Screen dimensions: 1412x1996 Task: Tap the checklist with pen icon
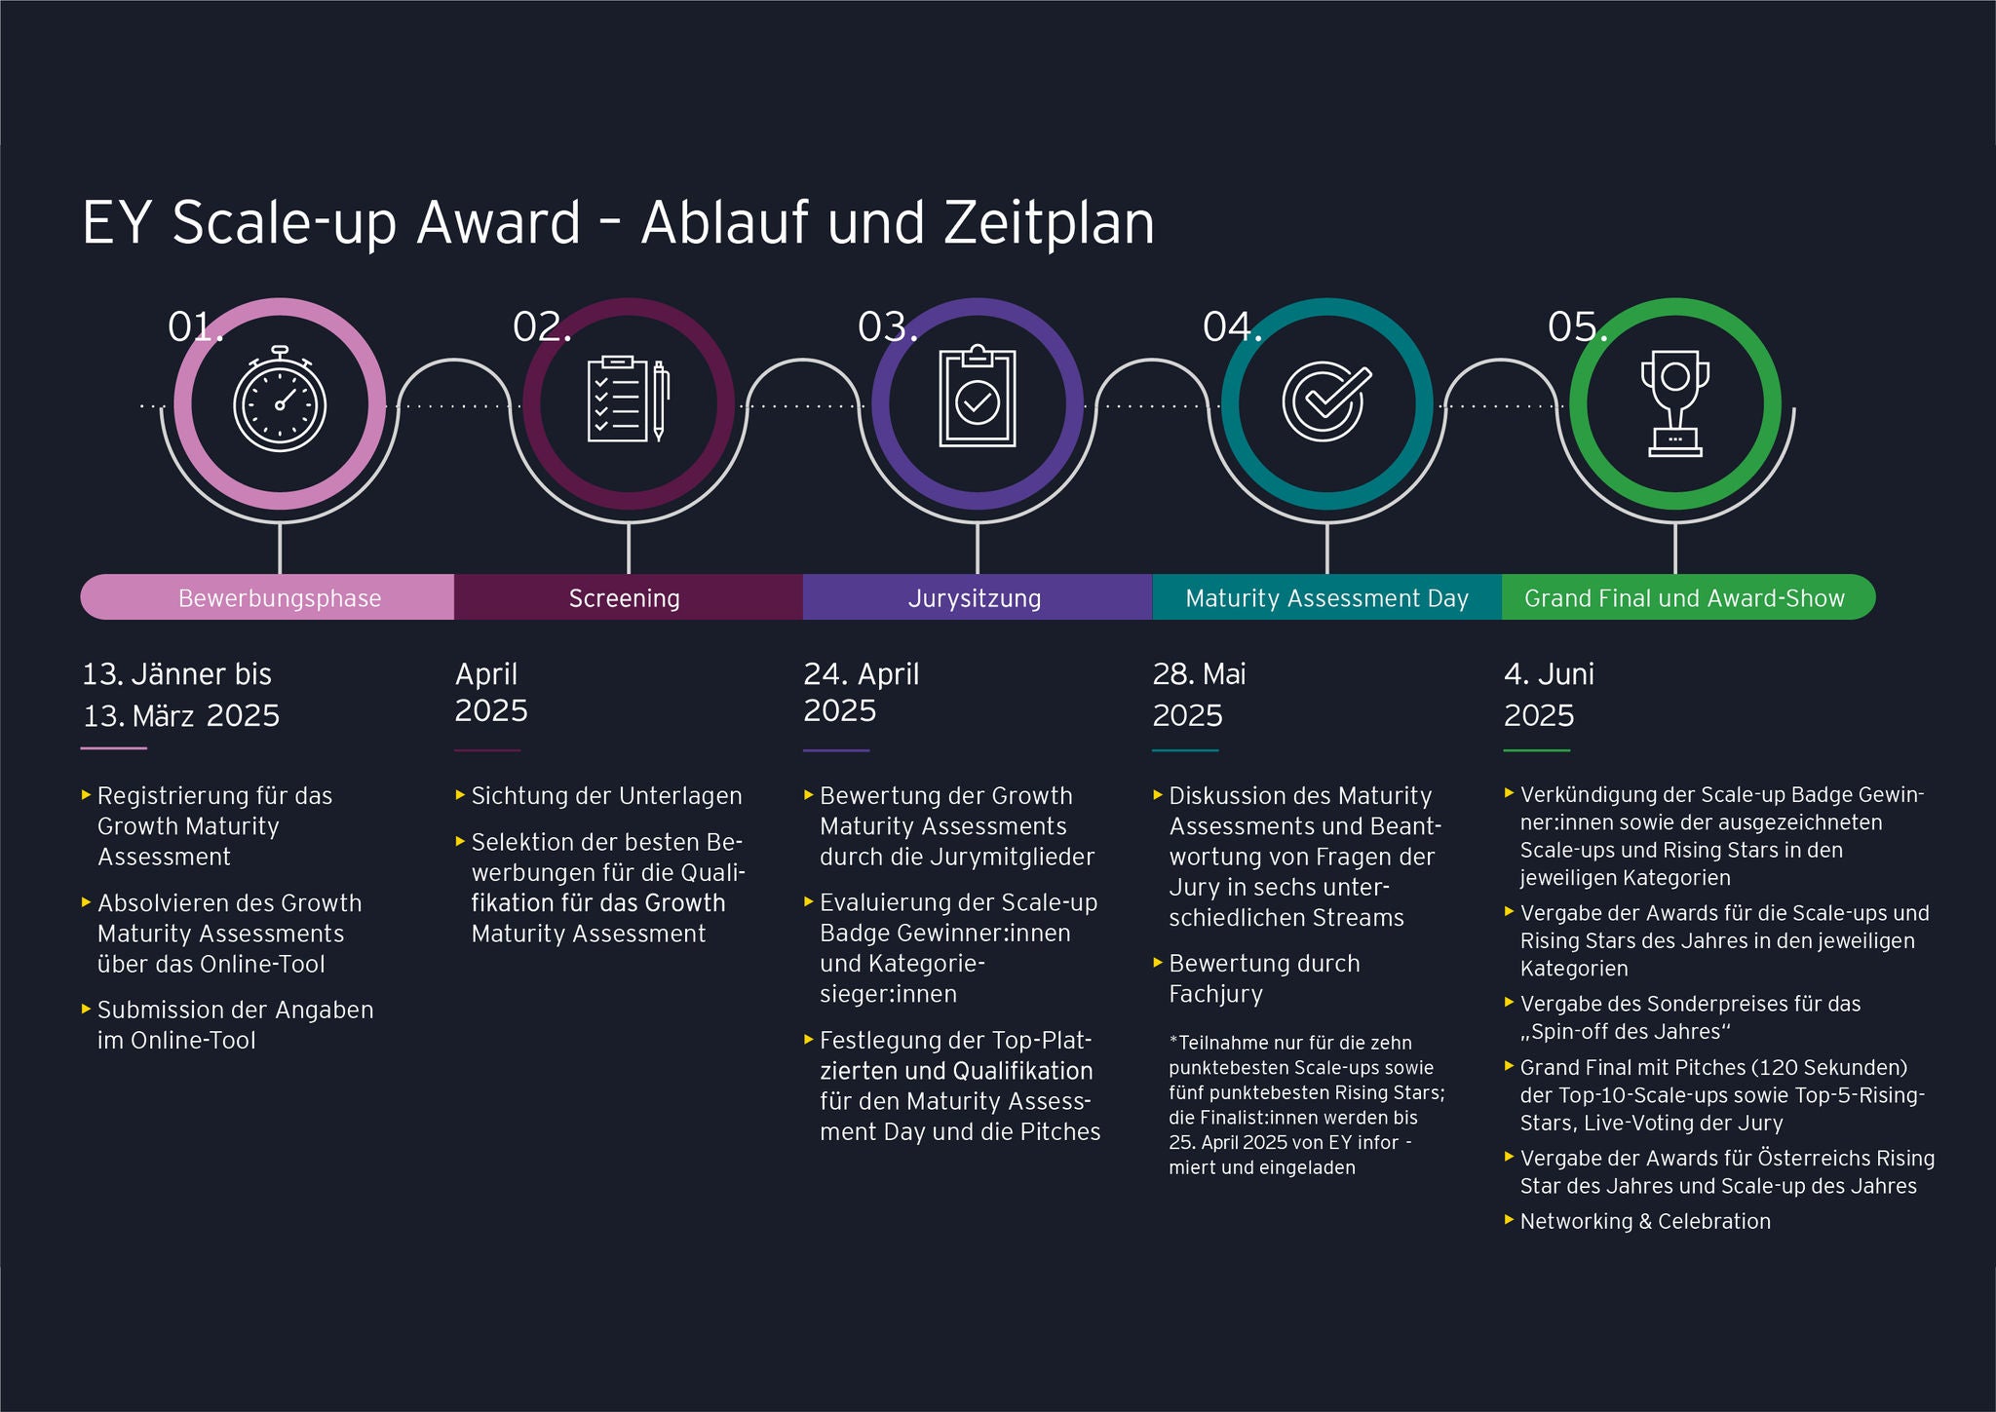tap(629, 400)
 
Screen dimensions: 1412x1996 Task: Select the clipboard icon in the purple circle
tap(977, 400)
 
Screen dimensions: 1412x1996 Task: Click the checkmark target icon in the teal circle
tap(1325, 401)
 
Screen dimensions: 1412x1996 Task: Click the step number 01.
tap(195, 327)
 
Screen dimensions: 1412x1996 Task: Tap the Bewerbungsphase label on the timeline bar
tap(280, 598)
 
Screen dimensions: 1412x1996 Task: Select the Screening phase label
tap(624, 598)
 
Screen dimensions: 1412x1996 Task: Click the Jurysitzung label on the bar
tap(975, 598)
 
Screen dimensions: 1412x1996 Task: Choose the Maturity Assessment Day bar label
tap(1326, 598)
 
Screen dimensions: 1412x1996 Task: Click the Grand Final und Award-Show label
tap(1684, 598)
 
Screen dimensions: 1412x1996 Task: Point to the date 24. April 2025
tap(861, 692)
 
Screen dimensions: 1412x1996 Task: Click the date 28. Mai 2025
tap(1199, 694)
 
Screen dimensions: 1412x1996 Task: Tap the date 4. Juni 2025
tap(1548, 694)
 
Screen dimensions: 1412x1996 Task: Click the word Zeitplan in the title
tap(1049, 223)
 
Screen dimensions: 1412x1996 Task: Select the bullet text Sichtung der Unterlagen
tap(606, 796)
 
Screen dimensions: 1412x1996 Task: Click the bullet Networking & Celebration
tap(1645, 1221)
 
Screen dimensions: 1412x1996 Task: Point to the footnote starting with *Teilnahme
tap(1306, 1104)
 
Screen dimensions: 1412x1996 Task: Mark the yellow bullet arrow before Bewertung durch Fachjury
tap(1158, 962)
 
